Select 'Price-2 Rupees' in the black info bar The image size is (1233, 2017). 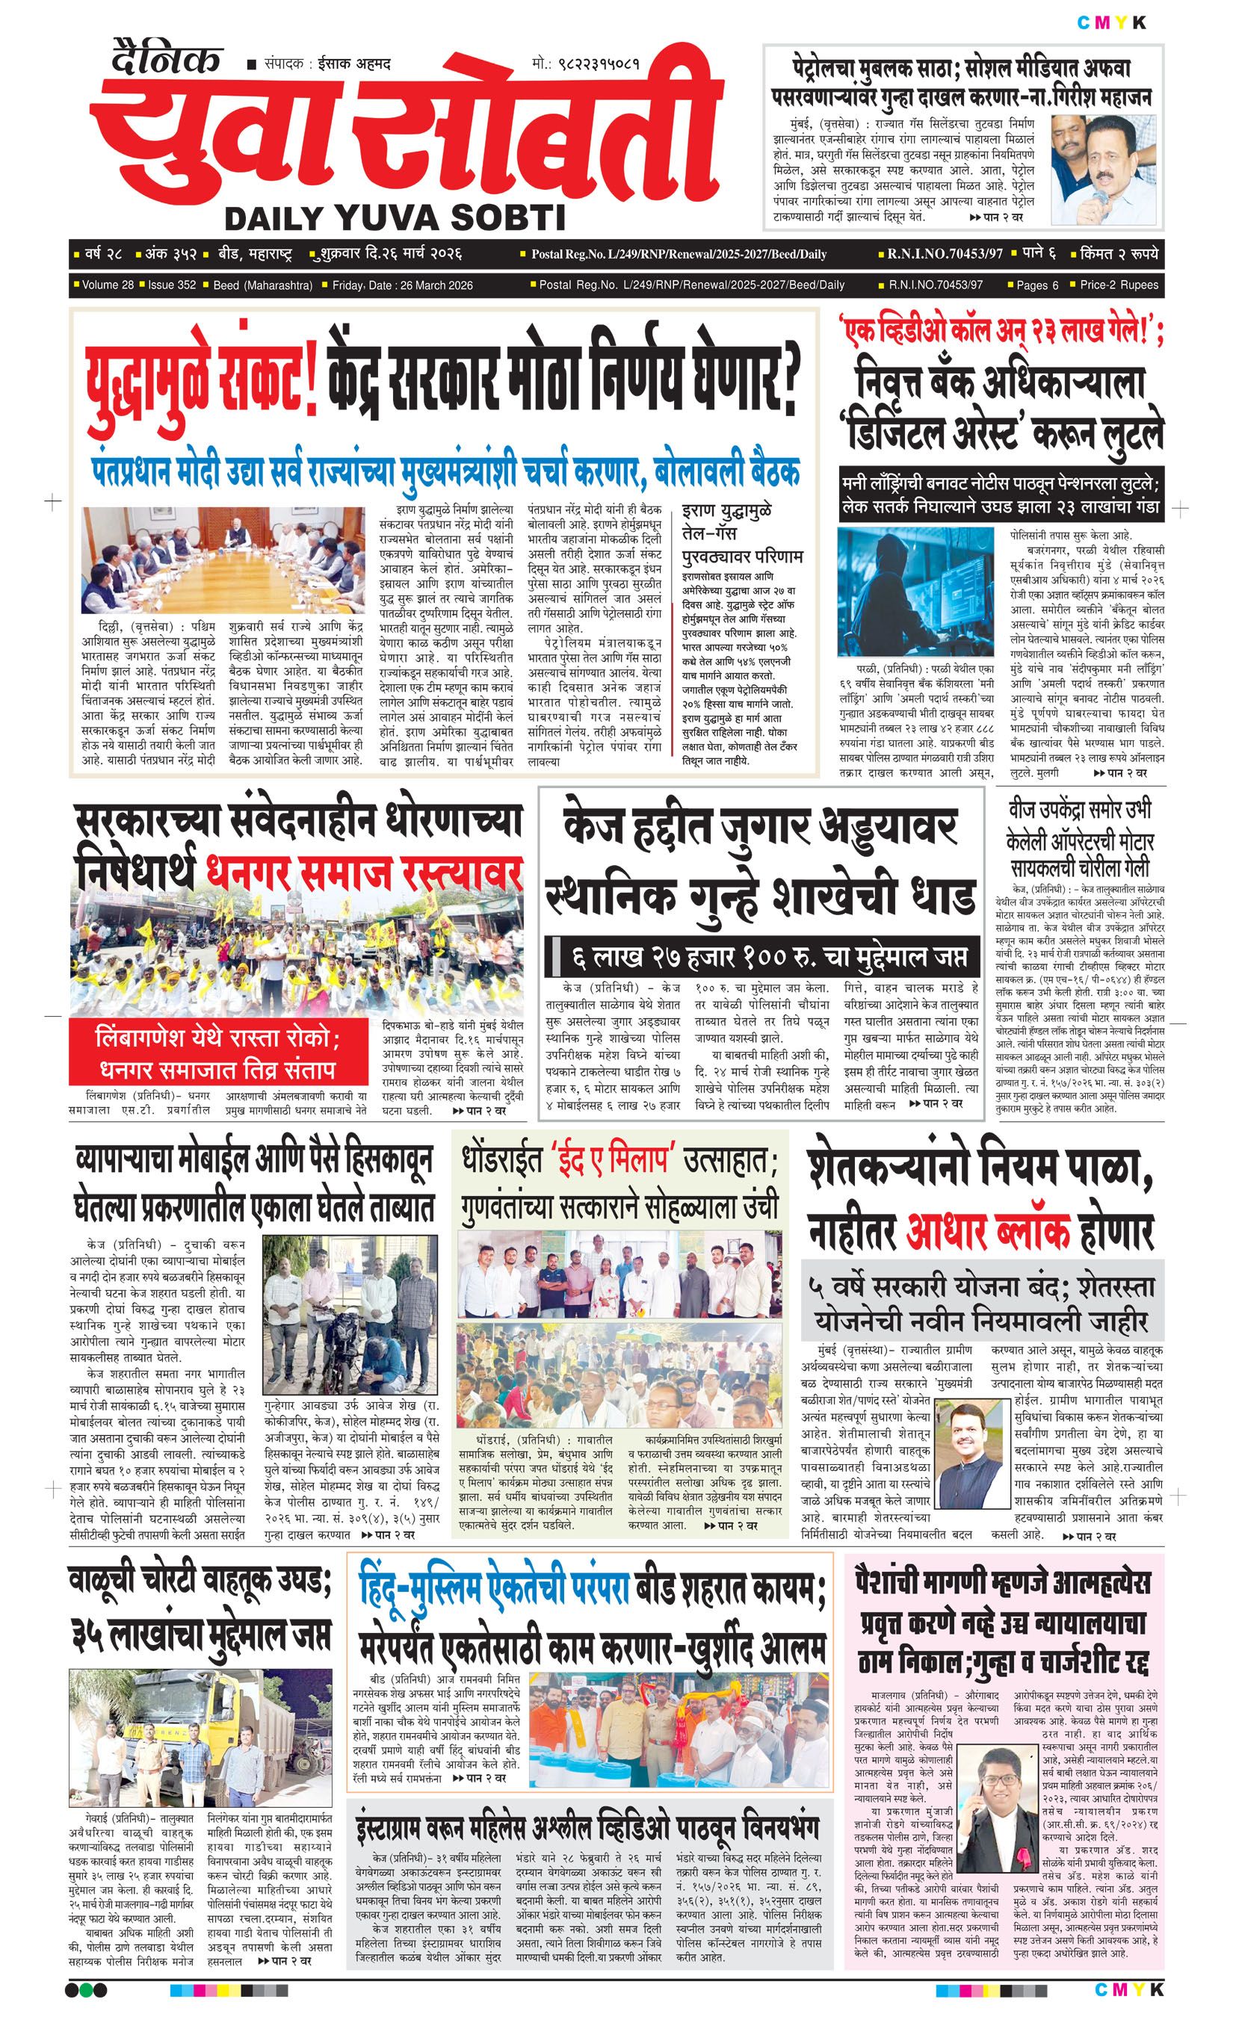click(x=1119, y=285)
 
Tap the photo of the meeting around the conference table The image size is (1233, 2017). click(x=223, y=558)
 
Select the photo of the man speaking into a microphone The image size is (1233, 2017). click(x=1104, y=170)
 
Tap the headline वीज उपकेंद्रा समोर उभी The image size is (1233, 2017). click(x=1080, y=810)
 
